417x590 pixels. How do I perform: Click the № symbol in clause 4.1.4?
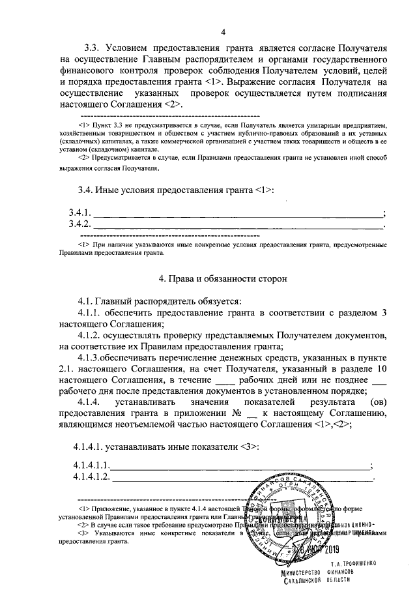pyautogui.click(x=237, y=413)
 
